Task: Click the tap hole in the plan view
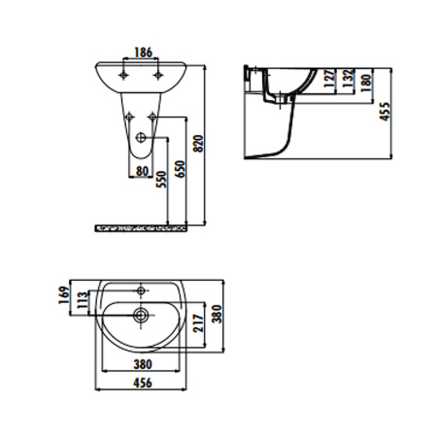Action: click(x=142, y=290)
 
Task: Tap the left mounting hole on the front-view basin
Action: click(x=125, y=73)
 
